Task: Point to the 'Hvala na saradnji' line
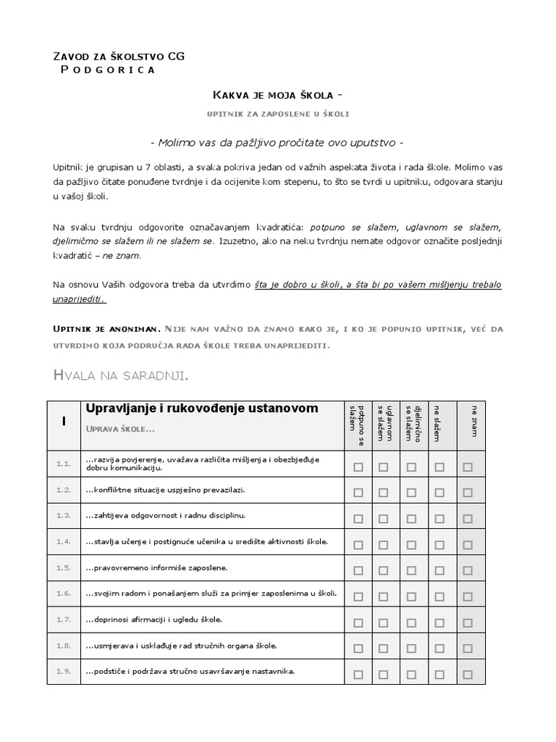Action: (x=121, y=375)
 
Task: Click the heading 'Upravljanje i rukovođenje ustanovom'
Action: (x=202, y=409)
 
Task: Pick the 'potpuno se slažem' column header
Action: (x=358, y=425)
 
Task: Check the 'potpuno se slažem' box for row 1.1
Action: (x=358, y=467)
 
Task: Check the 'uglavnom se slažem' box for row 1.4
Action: (x=383, y=545)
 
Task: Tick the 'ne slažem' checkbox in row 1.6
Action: (x=439, y=596)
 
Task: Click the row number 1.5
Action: (x=64, y=567)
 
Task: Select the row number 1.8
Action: (x=64, y=645)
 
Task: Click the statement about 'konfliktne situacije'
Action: (x=165, y=489)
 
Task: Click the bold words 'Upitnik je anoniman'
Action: (x=106, y=329)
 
